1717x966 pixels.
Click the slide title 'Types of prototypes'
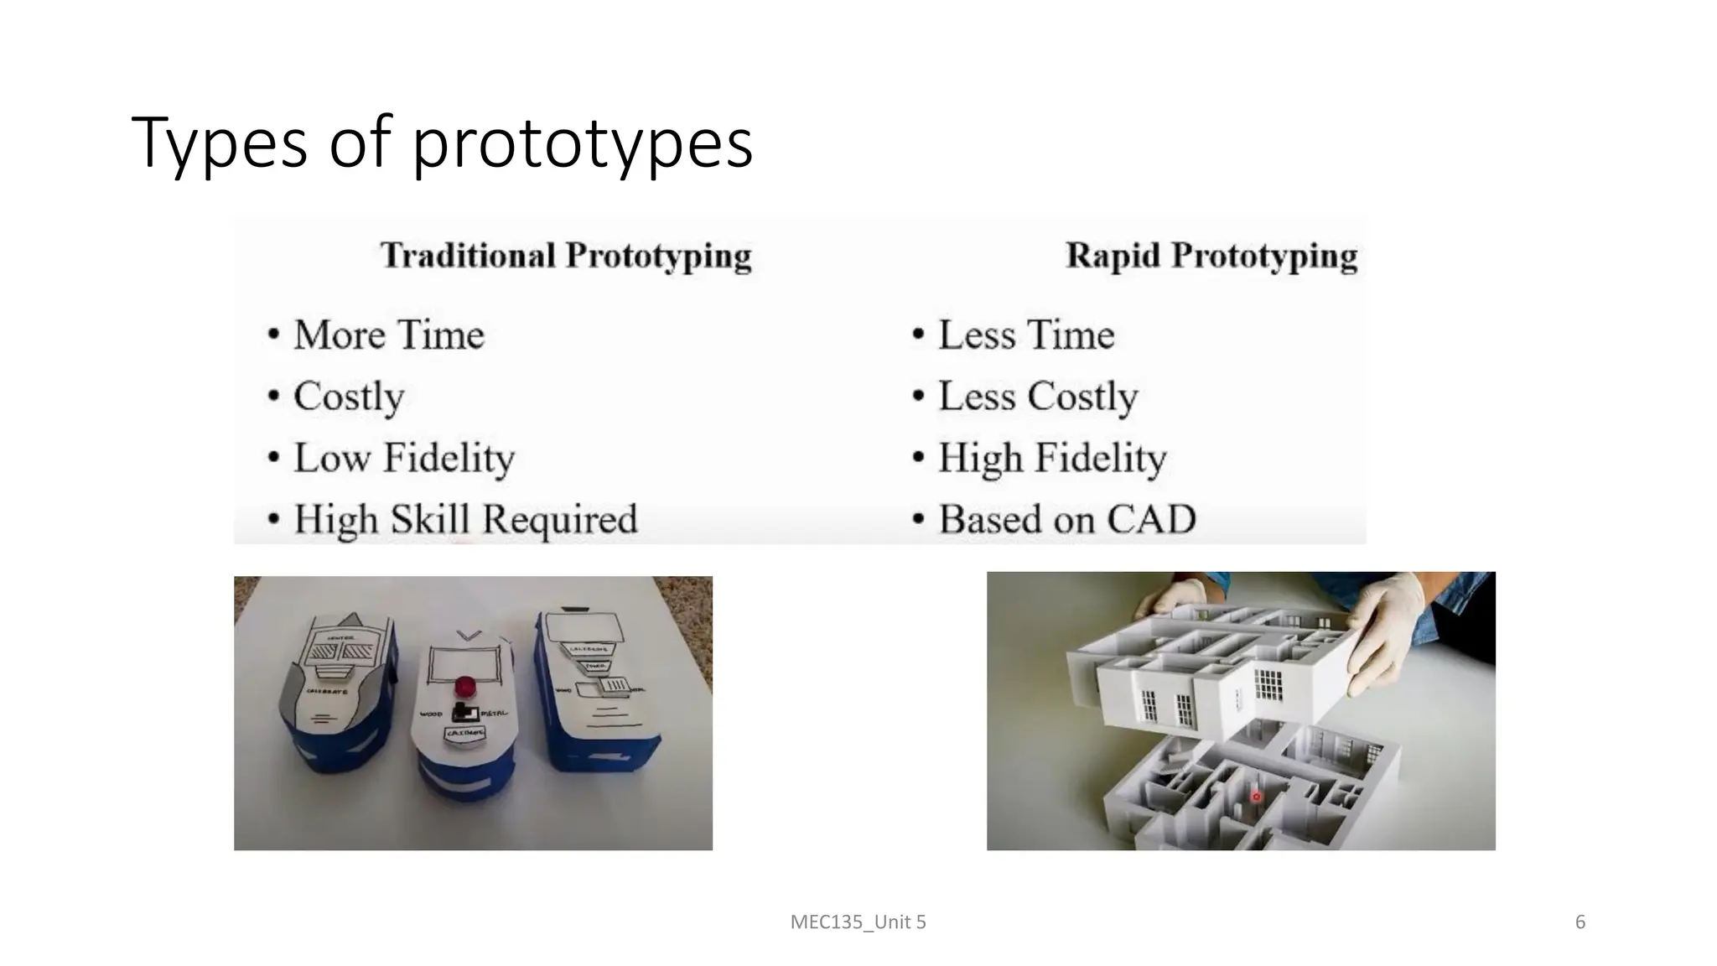[442, 143]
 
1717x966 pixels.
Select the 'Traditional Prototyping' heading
[566, 256]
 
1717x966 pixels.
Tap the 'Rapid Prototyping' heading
[1211, 256]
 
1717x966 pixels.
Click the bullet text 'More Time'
[388, 335]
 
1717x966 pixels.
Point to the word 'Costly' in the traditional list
[349, 396]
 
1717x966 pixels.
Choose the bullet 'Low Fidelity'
[403, 458]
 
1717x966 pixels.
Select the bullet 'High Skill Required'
[465, 519]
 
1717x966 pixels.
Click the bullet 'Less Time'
[1025, 335]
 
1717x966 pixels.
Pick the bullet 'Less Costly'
[1037, 396]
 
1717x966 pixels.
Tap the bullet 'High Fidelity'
[1051, 458]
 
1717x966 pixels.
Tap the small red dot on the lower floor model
[1256, 797]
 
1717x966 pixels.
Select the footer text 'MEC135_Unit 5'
[858, 922]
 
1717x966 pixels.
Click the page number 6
[1580, 922]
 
